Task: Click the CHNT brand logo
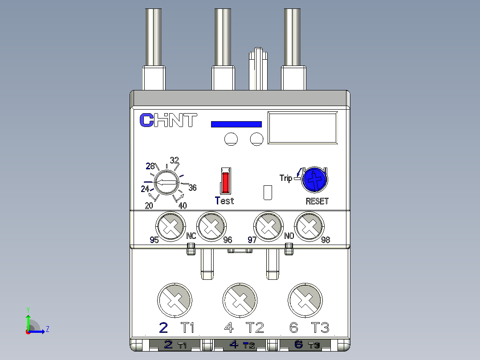(x=168, y=120)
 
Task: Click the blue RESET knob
(x=315, y=180)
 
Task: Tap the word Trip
(x=285, y=178)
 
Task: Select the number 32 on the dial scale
(x=175, y=160)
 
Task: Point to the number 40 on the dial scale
(x=183, y=205)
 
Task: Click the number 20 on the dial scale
(x=149, y=206)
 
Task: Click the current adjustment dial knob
(x=166, y=183)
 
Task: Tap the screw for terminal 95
(x=171, y=226)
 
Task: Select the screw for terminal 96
(x=212, y=226)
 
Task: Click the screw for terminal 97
(x=268, y=226)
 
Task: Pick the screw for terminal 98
(x=309, y=226)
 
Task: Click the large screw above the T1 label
(x=175, y=300)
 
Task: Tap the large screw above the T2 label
(x=240, y=300)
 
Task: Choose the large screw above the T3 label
(x=305, y=300)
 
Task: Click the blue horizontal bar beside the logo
(x=236, y=124)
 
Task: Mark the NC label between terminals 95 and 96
(x=191, y=236)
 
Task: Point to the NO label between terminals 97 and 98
(x=289, y=236)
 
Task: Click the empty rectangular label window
(x=303, y=128)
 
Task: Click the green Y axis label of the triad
(x=28, y=310)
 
